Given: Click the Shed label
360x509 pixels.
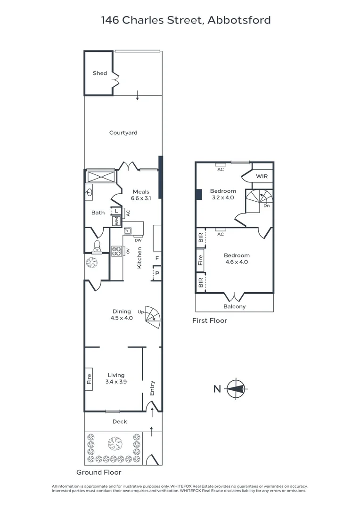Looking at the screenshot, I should pos(99,73).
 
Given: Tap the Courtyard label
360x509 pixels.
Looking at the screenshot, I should pos(123,133).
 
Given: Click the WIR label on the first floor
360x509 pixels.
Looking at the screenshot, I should pos(262,176).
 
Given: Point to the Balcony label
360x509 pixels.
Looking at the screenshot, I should pos(234,306).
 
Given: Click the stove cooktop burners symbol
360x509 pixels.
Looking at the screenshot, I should pos(115,251).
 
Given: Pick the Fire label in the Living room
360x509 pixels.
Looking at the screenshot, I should pos(89,380).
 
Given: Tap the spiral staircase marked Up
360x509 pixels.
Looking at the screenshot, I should pos(153,317).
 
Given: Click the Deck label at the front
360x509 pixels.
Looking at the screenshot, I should pos(120,422).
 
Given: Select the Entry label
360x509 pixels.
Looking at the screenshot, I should pos(152,387).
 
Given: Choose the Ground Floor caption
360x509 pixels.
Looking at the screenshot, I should pos(99,472).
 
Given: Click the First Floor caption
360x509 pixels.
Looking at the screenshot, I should pos(210,320).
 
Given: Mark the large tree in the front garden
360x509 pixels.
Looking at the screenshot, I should pos(115,443).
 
